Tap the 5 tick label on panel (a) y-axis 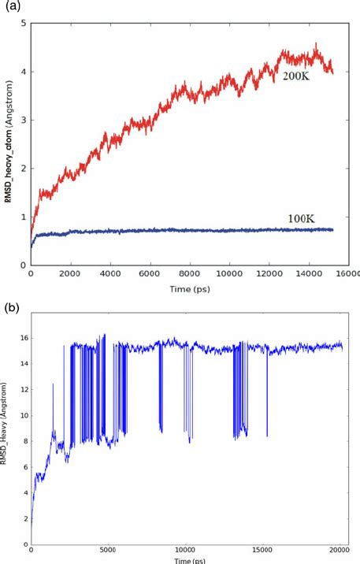(24, 24)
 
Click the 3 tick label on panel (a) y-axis (24, 121)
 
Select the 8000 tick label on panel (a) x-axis (185, 275)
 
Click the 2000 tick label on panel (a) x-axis (70, 275)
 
